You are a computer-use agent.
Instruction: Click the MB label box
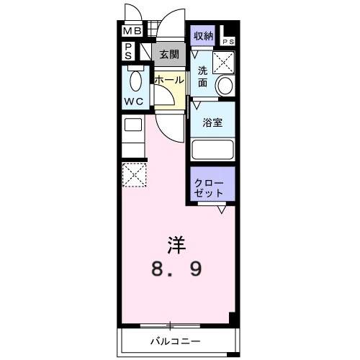pos(132,31)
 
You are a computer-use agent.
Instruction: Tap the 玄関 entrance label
pos(169,55)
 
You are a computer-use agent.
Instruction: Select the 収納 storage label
pos(203,36)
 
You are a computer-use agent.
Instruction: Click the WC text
pos(133,102)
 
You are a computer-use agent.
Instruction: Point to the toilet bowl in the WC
pos(135,81)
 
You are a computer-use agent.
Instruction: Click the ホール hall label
pos(169,80)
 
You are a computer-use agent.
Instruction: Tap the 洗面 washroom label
pos(202,77)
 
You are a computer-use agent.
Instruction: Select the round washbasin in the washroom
pos(225,85)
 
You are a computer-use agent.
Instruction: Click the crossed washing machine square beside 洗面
pos(223,63)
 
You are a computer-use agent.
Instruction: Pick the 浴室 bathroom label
pos(212,122)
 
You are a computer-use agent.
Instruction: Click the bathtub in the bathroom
pos(212,150)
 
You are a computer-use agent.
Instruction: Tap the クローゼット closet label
pos(209,188)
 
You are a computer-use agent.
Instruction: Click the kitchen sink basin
pos(133,125)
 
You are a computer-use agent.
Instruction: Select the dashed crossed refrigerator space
pos(134,175)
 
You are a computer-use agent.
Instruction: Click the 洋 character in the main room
pos(177,245)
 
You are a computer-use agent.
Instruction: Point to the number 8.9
pos(176,269)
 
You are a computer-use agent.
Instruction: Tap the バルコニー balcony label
pos(175,341)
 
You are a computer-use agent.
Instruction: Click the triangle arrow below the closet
pos(222,210)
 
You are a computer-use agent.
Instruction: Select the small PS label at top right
pos(228,42)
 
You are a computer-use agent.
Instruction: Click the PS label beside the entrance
pos(128,51)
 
